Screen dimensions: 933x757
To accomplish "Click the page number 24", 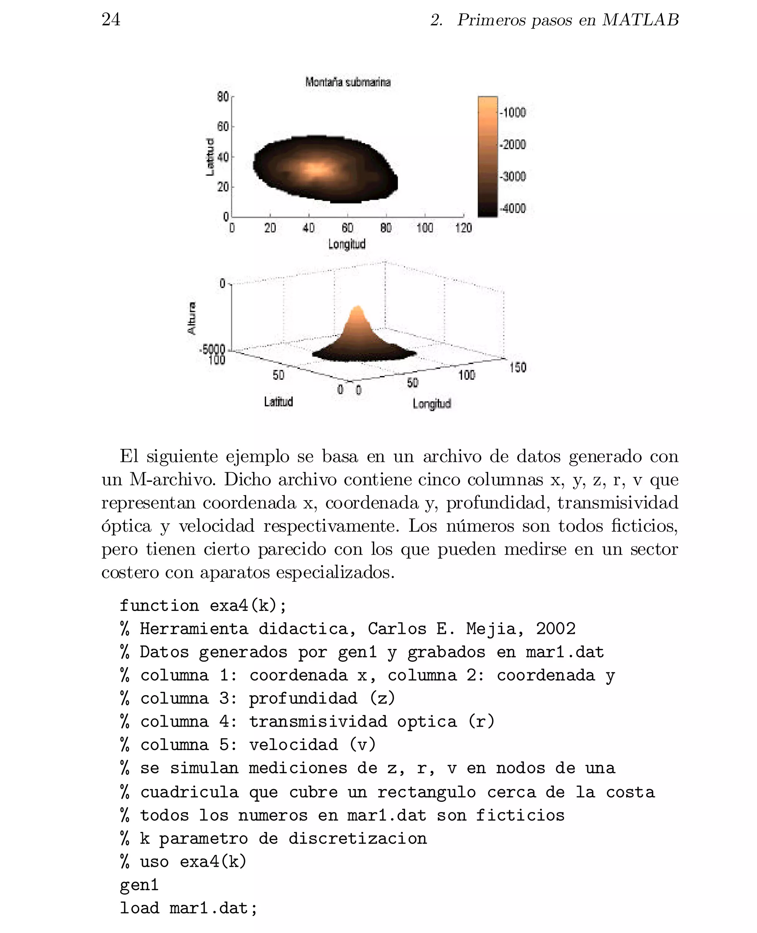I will click(x=111, y=19).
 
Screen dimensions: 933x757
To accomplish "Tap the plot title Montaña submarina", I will click(x=347, y=82).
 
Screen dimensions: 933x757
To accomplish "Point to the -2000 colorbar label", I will click(x=513, y=144).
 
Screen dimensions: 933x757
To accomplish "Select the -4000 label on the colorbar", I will click(x=513, y=208).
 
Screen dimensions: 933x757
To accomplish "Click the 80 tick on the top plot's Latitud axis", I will click(x=223, y=97).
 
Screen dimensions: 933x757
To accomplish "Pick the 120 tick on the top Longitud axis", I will click(x=463, y=228).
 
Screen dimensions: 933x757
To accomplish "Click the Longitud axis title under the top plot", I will click(x=347, y=244).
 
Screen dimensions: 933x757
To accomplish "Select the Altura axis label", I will click(x=192, y=318).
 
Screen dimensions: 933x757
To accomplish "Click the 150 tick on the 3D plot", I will click(x=517, y=367).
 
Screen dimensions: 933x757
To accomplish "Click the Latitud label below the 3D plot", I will click(x=278, y=401).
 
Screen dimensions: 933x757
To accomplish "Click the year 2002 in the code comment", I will click(x=556, y=629).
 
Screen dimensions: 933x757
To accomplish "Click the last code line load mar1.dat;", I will click(x=189, y=908).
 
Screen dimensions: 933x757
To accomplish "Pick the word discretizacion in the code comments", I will click(x=357, y=838).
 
